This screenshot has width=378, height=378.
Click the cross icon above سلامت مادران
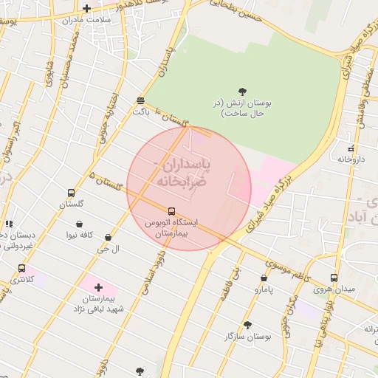(x=86, y=9)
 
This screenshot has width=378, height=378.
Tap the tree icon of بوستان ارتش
(x=242, y=92)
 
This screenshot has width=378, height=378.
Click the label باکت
(x=141, y=111)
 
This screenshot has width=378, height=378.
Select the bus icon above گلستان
(x=71, y=192)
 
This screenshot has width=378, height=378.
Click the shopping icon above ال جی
(x=109, y=238)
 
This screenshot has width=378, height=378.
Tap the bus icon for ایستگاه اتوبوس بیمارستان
(x=172, y=211)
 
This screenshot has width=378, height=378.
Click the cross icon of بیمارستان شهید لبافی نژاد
(x=98, y=287)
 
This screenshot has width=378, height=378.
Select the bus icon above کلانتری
(x=21, y=269)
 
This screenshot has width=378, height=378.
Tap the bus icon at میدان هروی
(x=334, y=278)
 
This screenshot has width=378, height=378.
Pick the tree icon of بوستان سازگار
(x=247, y=325)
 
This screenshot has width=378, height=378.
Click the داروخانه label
(x=353, y=159)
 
